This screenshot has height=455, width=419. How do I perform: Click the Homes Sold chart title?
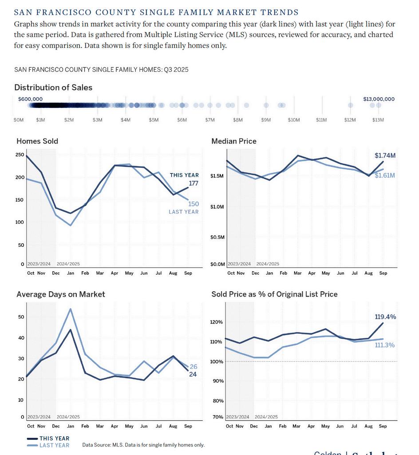click(37, 141)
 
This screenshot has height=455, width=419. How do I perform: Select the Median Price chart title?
click(234, 141)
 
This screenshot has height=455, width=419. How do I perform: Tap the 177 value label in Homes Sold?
click(194, 183)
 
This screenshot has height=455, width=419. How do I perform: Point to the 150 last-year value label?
click(194, 204)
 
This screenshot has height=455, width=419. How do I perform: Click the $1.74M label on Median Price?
click(384, 155)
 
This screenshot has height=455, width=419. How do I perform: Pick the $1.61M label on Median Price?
click(384, 175)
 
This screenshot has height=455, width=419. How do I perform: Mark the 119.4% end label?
click(385, 317)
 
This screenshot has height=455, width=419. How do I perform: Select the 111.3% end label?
click(385, 345)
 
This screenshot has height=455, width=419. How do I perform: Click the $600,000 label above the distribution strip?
click(30, 99)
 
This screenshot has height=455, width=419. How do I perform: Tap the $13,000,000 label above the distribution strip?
click(379, 99)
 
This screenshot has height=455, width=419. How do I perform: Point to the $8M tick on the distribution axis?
click(238, 120)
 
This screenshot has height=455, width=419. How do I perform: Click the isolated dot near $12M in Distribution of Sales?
click(351, 105)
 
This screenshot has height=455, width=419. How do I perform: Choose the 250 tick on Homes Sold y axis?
click(20, 154)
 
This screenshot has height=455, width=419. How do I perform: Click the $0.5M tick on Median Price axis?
click(217, 237)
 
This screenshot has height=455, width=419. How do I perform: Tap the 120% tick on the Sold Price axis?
click(217, 322)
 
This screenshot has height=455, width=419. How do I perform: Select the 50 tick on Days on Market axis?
click(21, 317)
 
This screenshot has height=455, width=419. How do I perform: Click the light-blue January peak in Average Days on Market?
click(70, 309)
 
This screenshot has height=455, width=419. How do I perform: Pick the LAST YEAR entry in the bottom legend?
click(54, 445)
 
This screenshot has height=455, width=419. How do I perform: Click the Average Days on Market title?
click(61, 294)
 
